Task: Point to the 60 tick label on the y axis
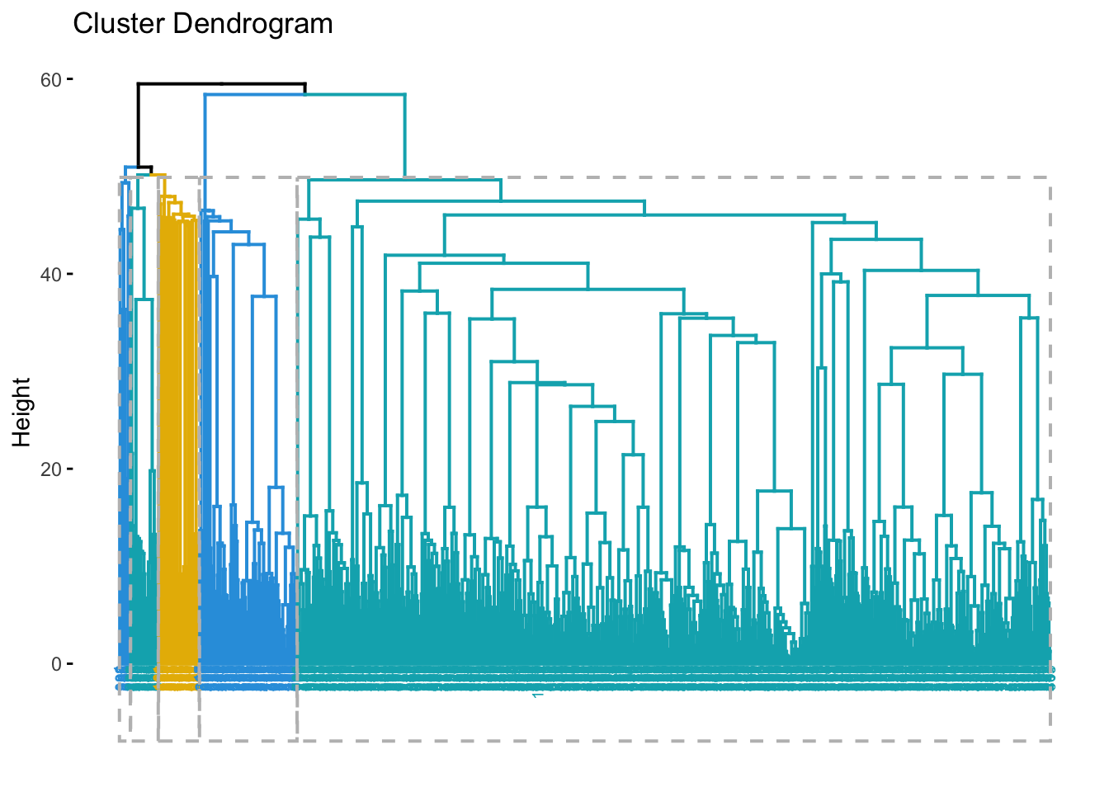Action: coord(51,80)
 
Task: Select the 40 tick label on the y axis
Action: coord(51,275)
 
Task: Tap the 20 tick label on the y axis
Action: coord(51,469)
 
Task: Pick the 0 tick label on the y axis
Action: coord(56,664)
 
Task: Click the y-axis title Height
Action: coord(22,412)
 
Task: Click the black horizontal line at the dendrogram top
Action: coord(221,84)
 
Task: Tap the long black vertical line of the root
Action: coord(138,124)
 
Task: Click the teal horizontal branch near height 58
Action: coord(355,95)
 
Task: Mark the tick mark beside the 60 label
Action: coord(70,79)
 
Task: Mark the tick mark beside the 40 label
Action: coord(70,274)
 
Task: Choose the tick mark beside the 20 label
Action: coord(70,469)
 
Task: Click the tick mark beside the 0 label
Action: coord(70,663)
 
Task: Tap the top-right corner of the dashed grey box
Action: coord(1050,177)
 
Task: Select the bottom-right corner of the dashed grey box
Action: coord(1050,740)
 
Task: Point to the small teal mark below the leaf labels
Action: coord(537,695)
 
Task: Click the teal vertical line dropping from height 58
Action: coord(404,136)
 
